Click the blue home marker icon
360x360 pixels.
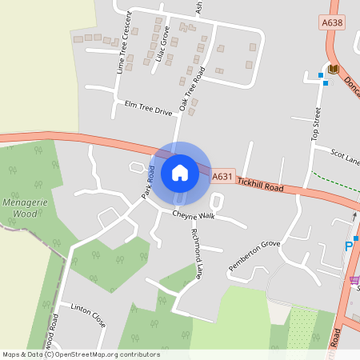pyautogui.click(x=180, y=172)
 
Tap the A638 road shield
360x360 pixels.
pyautogui.click(x=330, y=22)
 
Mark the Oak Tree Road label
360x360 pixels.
pyautogui.click(x=193, y=88)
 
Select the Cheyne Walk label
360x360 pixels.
pyautogui.click(x=194, y=215)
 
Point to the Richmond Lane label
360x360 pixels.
pyautogui.click(x=196, y=253)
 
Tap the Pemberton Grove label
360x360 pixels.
pyautogui.click(x=254, y=252)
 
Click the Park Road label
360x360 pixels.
pyautogui.click(x=147, y=182)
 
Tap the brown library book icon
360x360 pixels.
pyautogui.click(x=333, y=70)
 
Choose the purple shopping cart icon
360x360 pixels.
pyautogui.click(x=354, y=279)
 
